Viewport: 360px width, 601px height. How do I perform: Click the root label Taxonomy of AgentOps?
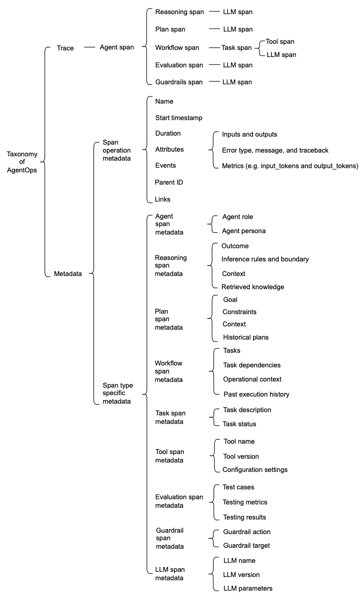[22, 162]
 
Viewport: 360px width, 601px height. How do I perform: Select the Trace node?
[65, 48]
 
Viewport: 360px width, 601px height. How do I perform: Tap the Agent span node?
[116, 48]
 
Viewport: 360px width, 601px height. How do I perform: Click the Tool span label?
[280, 42]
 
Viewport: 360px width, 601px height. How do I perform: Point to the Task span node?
[237, 48]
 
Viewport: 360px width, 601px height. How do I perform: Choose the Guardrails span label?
[179, 82]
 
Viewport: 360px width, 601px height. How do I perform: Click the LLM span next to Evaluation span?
[237, 65]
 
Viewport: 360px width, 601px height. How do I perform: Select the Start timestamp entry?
[178, 117]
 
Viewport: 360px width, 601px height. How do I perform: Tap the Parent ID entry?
[169, 182]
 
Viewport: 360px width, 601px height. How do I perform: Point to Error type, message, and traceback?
[275, 150]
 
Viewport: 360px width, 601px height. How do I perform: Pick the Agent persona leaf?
[244, 231]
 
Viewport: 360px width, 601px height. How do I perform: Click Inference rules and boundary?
[265, 259]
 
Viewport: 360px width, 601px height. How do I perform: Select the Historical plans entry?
[245, 337]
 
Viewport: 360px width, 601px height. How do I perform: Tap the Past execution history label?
[256, 394]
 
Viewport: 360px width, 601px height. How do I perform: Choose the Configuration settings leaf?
[255, 470]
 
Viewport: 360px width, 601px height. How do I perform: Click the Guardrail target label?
[246, 545]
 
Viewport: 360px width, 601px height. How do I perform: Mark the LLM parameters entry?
[247, 588]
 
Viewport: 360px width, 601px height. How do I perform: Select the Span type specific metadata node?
[117, 393]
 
